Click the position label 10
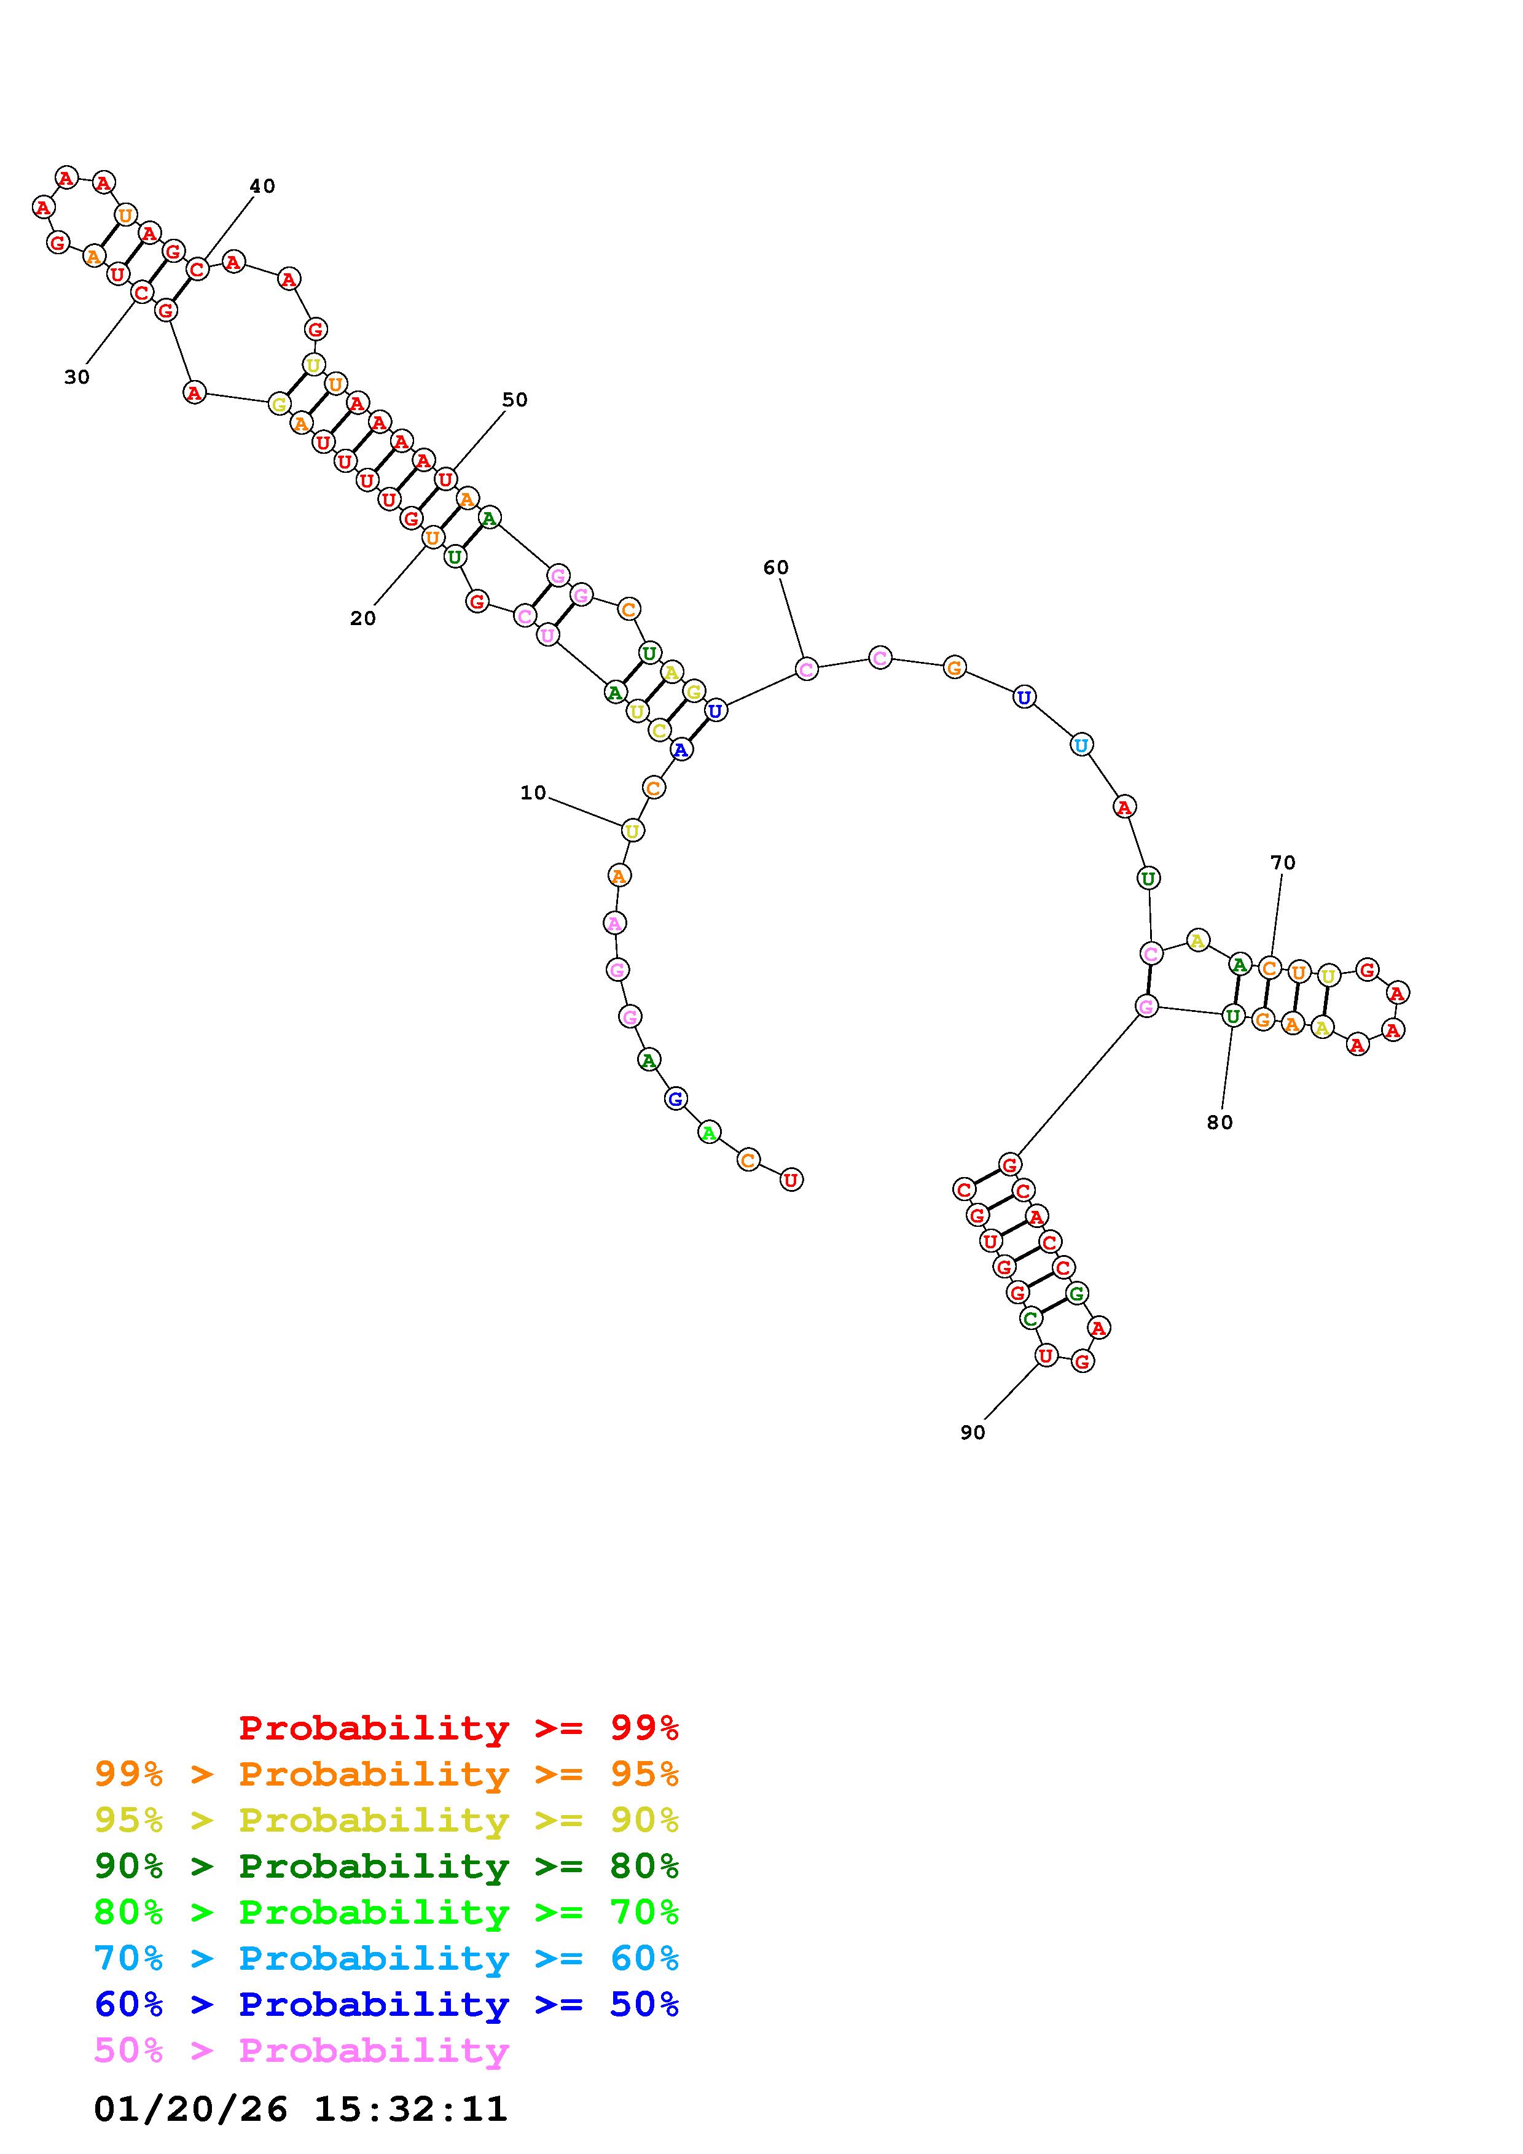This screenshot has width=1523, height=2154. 533,793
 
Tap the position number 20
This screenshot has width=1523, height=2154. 363,618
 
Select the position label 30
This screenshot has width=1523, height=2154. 77,377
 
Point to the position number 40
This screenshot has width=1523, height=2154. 263,186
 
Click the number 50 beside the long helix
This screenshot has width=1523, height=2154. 514,400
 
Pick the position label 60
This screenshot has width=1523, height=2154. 776,567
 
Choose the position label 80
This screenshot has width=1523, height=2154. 1220,1122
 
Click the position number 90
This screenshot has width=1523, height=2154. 973,1433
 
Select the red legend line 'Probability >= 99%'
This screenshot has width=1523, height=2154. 459,1728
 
